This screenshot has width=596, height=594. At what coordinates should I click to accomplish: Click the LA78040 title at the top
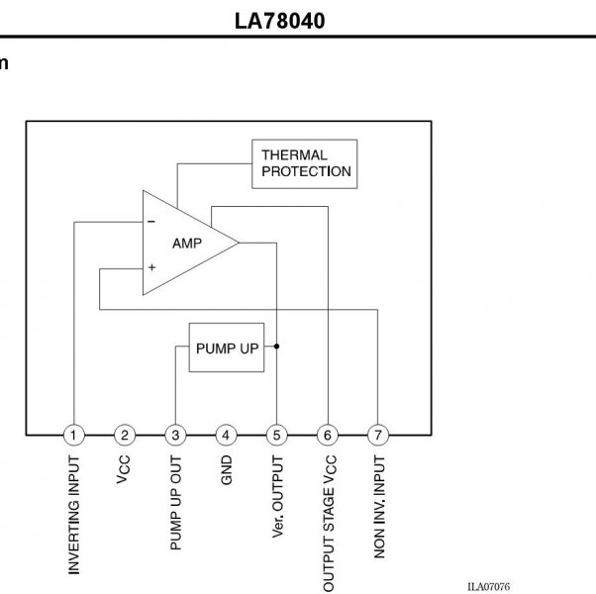[x=280, y=21]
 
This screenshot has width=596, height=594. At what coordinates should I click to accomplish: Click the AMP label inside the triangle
[x=187, y=244]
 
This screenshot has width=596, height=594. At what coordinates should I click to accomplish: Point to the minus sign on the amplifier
[x=151, y=221]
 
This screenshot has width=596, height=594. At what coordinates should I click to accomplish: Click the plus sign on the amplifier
[x=152, y=267]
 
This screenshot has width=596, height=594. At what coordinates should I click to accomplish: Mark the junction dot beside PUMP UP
[x=277, y=346]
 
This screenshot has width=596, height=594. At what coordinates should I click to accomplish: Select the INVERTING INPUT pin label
[x=73, y=515]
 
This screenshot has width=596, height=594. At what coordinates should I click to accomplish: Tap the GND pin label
[x=226, y=470]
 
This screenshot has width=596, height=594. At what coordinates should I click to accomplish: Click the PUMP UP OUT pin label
[x=175, y=503]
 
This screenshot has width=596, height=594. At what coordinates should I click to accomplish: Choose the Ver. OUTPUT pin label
[x=277, y=497]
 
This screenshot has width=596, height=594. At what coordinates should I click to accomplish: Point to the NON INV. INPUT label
[x=379, y=507]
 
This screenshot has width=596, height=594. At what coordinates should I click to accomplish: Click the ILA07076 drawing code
[x=488, y=587]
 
